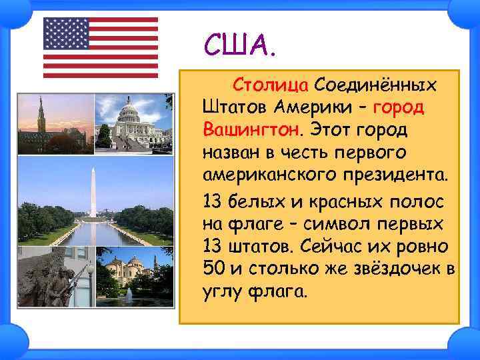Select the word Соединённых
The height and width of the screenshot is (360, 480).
click(377, 86)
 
